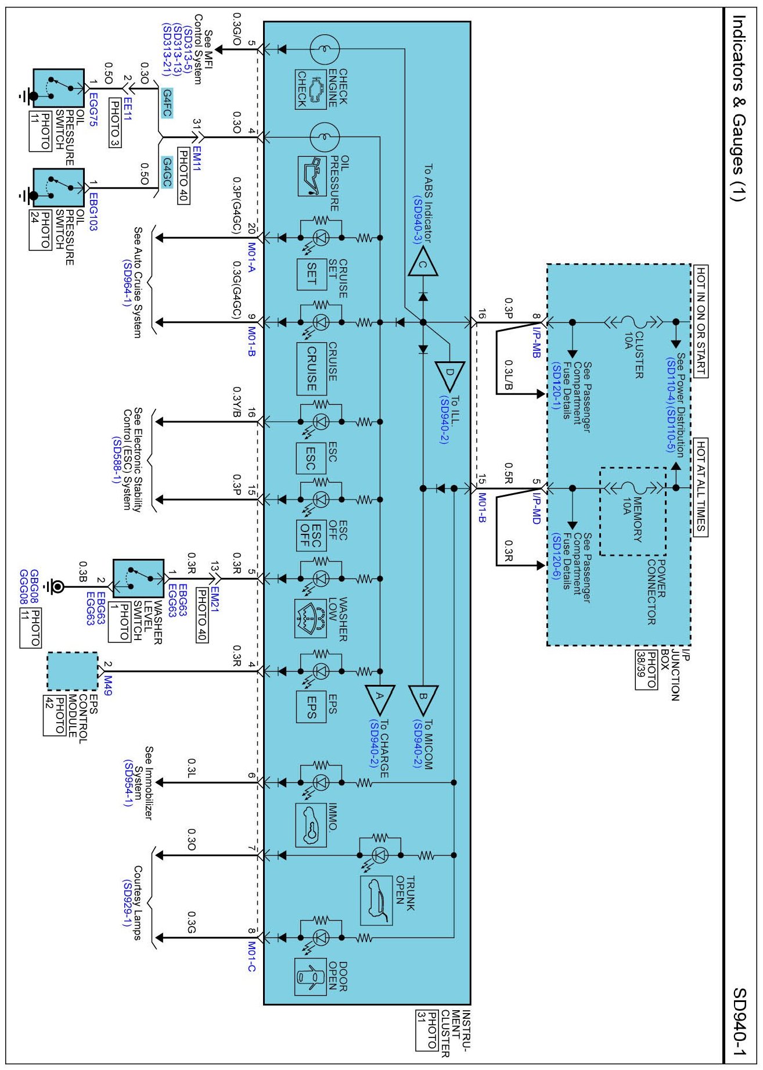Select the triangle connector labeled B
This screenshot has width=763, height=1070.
point(423,700)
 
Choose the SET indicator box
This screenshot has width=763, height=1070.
point(311,274)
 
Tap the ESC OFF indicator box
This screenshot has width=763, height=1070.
point(311,535)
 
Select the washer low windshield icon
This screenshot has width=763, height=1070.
point(311,619)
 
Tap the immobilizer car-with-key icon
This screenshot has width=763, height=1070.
point(311,825)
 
